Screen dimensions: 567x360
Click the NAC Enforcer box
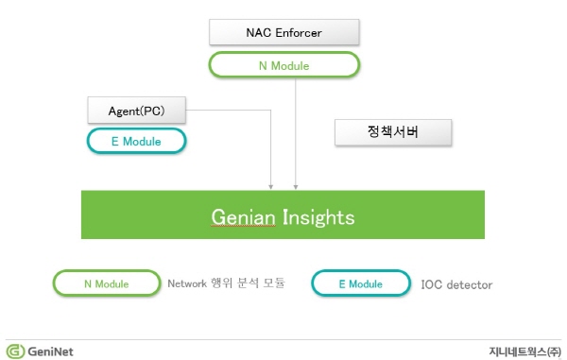pos(284,32)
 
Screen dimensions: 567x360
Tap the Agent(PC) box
pos(137,111)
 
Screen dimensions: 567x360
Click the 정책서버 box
pos(393,132)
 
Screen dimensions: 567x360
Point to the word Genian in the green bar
pos(243,217)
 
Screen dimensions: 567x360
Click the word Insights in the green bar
pos(318,217)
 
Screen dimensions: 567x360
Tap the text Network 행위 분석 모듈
pos(227,283)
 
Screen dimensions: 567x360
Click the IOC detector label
pos(456,284)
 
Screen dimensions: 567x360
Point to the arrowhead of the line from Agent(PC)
pos(271,187)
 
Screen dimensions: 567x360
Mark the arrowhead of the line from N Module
pos(296,187)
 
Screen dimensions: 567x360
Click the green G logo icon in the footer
pos(15,351)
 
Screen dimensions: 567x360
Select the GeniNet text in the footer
pos(50,351)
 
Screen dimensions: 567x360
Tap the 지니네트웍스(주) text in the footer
pos(525,351)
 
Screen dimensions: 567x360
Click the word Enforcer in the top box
pos(299,32)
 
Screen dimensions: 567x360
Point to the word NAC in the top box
pos(259,32)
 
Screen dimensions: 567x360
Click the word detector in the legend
pos(470,284)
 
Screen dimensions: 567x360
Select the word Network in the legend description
pos(187,283)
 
